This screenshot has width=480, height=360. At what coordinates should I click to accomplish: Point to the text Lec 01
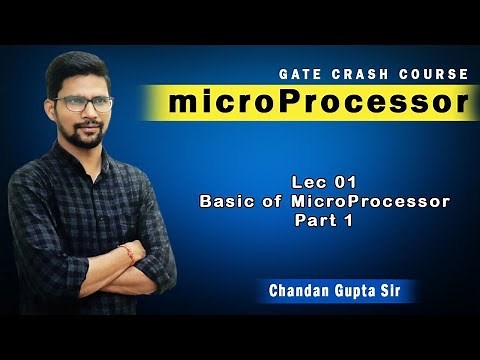point(323,183)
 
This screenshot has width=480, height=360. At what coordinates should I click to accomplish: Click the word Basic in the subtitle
point(224,201)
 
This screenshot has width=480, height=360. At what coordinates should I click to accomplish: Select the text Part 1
point(324,219)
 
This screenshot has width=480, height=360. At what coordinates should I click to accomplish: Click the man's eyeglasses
point(84,102)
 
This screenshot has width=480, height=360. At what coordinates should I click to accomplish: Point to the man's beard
point(85,134)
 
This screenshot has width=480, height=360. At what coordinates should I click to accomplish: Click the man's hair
point(80,65)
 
